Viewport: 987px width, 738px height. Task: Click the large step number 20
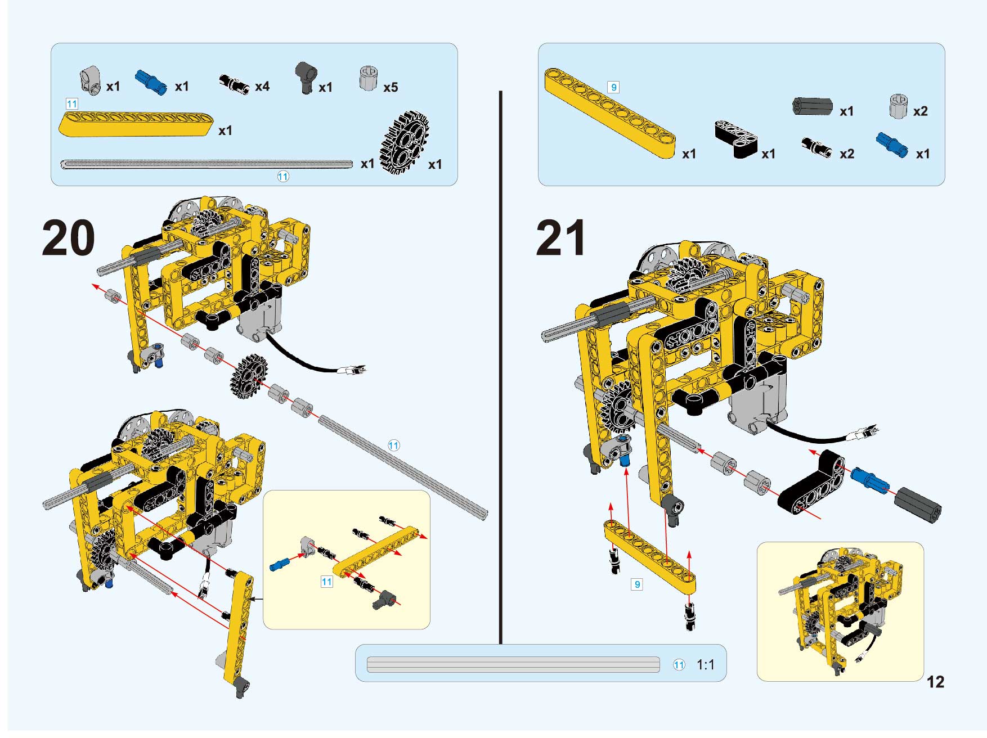pyautogui.click(x=68, y=238)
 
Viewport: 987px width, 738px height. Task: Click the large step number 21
pyautogui.click(x=560, y=238)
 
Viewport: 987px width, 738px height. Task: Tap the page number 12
pyautogui.click(x=935, y=682)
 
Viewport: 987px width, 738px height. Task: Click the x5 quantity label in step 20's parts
pyautogui.click(x=391, y=88)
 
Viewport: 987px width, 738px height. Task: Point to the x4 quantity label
pyautogui.click(x=262, y=87)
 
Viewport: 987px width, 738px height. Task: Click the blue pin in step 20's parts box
pyautogui.click(x=151, y=81)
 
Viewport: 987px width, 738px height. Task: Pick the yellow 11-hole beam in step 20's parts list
pyautogui.click(x=137, y=124)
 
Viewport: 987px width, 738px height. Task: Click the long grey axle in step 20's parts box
pyautogui.click(x=207, y=164)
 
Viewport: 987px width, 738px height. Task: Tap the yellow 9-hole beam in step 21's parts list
pyautogui.click(x=609, y=113)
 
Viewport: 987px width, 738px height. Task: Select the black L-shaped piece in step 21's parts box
pyautogui.click(x=737, y=138)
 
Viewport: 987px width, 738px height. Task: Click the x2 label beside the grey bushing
pyautogui.click(x=920, y=111)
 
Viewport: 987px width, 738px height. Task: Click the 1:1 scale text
pyautogui.click(x=705, y=665)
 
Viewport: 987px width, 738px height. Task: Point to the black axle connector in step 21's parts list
pyautogui.click(x=812, y=106)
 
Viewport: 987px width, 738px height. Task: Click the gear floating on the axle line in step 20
pyautogui.click(x=249, y=377)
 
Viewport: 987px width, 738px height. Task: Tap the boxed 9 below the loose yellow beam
pyautogui.click(x=637, y=584)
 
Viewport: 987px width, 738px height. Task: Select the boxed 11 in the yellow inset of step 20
pyautogui.click(x=326, y=582)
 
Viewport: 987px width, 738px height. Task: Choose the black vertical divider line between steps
pyautogui.click(x=500, y=367)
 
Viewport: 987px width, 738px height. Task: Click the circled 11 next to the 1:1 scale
pyautogui.click(x=679, y=665)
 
